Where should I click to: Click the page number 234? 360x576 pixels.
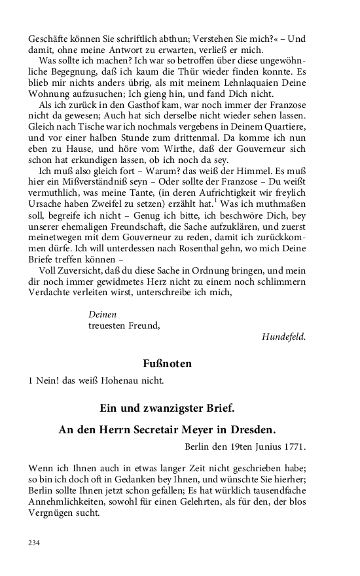tap(35, 543)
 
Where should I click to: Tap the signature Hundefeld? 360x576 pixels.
tap(283, 337)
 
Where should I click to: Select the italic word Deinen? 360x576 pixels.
tap(102, 314)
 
